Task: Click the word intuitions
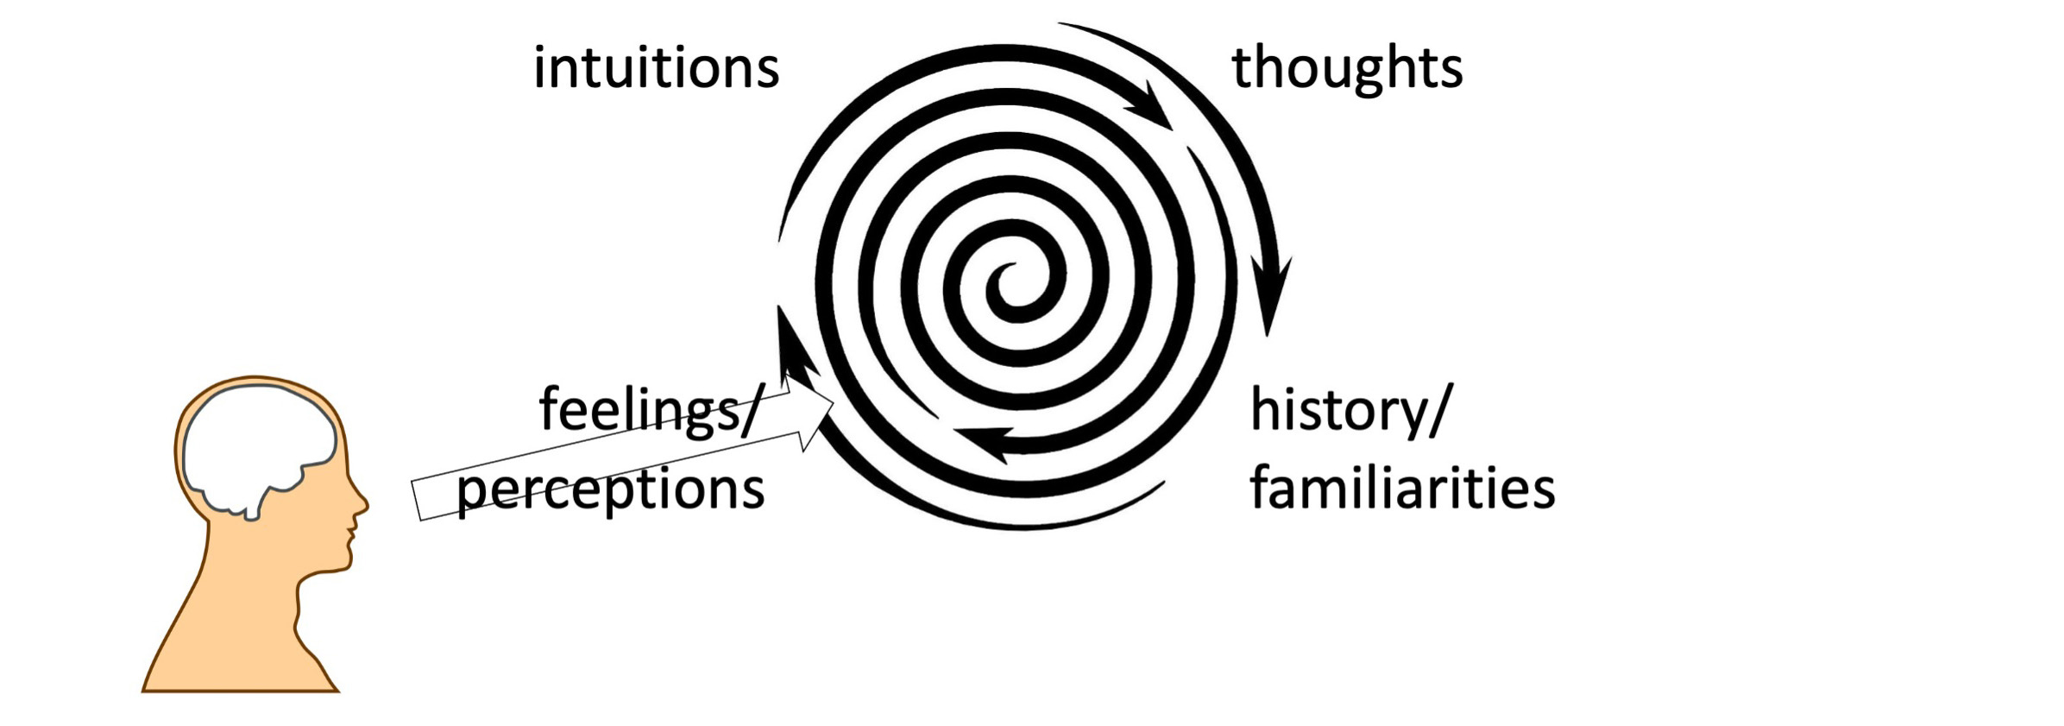point(656,68)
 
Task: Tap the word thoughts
point(1346,69)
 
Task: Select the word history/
point(1351,411)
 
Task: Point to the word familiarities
point(1401,488)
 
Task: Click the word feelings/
point(651,409)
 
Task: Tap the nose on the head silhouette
point(362,504)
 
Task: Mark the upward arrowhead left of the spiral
point(785,332)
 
